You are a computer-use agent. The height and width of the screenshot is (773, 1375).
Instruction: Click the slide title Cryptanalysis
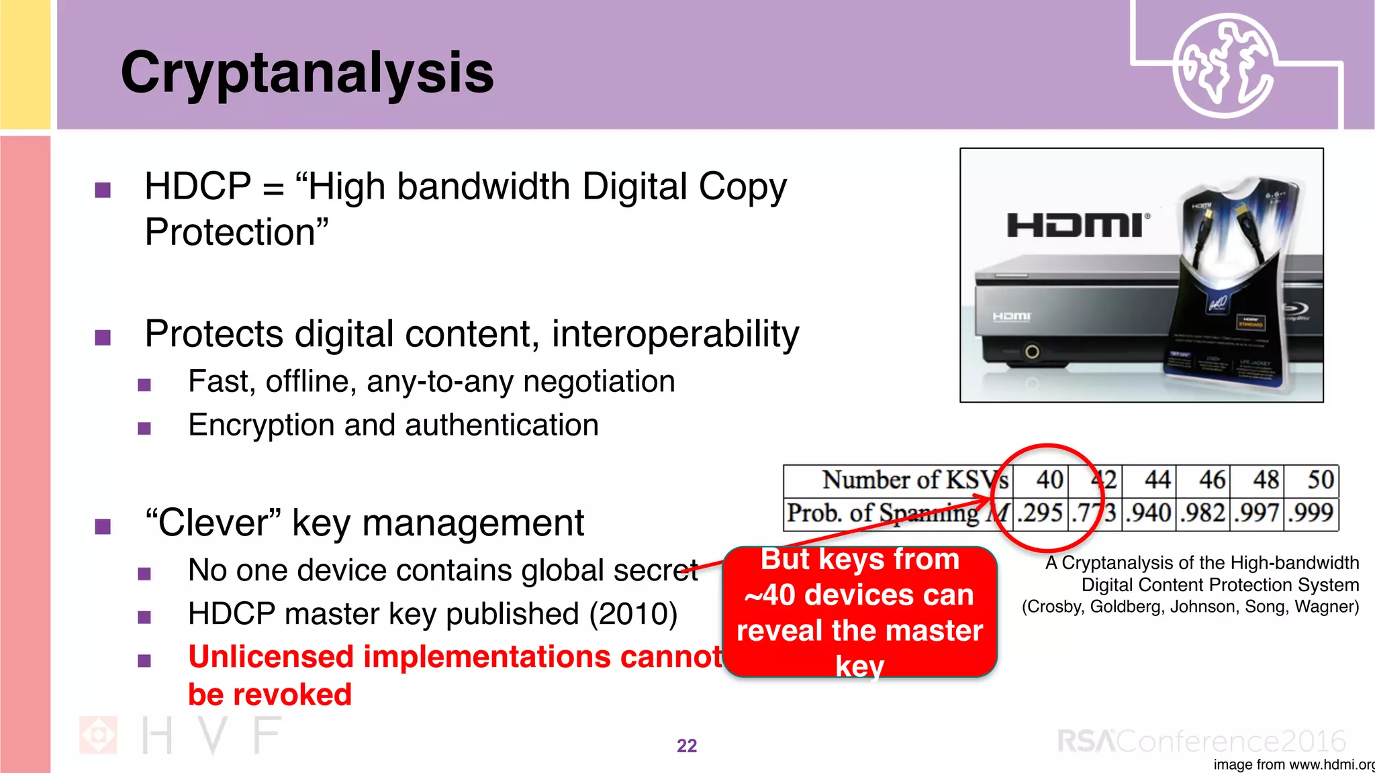(x=307, y=72)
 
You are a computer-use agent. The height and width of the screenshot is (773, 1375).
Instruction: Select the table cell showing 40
(x=1049, y=480)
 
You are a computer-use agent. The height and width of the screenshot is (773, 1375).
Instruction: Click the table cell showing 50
(x=1320, y=480)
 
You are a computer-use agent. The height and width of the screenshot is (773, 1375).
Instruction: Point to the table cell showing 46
(x=1212, y=480)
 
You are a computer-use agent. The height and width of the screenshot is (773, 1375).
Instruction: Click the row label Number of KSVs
(x=914, y=480)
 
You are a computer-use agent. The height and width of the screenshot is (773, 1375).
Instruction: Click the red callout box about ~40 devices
(x=859, y=612)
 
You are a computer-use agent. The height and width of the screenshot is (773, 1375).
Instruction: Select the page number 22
(x=686, y=746)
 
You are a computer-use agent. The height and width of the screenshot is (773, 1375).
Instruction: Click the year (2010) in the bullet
(x=633, y=614)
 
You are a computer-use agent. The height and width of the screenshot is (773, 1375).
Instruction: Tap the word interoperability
(x=675, y=334)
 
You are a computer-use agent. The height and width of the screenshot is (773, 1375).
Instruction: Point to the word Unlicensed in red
(x=271, y=657)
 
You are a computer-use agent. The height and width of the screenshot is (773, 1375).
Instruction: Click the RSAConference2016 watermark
(x=1202, y=741)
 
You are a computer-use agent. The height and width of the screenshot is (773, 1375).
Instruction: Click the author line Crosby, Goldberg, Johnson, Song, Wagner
(x=1190, y=607)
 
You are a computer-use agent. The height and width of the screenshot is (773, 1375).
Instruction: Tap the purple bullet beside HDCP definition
(x=103, y=190)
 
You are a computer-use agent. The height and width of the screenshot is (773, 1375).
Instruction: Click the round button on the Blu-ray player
(x=1032, y=352)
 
